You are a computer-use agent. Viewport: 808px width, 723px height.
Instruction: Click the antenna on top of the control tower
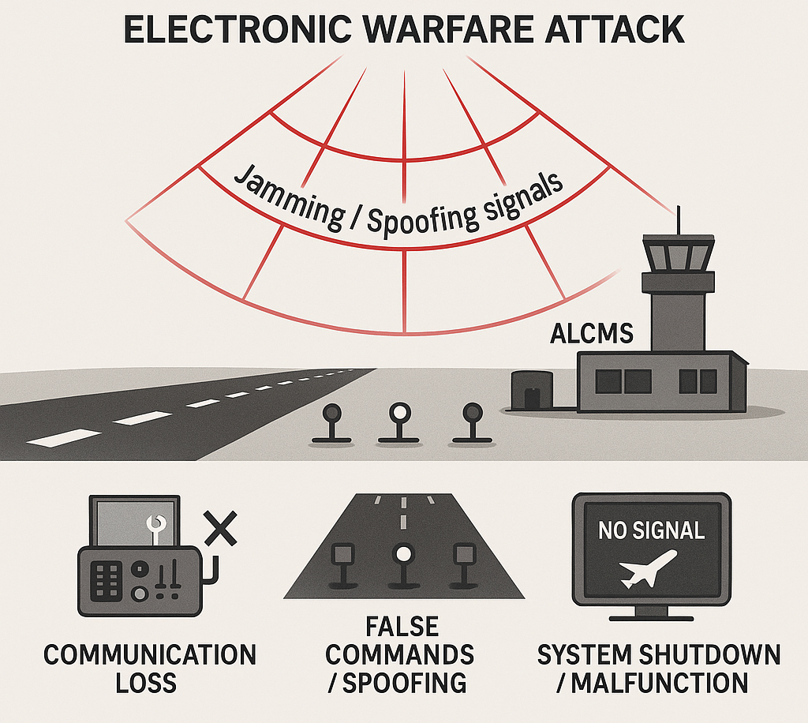(676, 220)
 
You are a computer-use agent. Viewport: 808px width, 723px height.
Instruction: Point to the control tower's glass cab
(678, 255)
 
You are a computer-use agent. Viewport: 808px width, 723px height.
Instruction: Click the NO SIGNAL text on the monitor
(651, 530)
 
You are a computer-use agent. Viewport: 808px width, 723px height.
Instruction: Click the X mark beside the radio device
(221, 527)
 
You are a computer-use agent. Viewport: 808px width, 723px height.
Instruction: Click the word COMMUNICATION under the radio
(150, 654)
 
